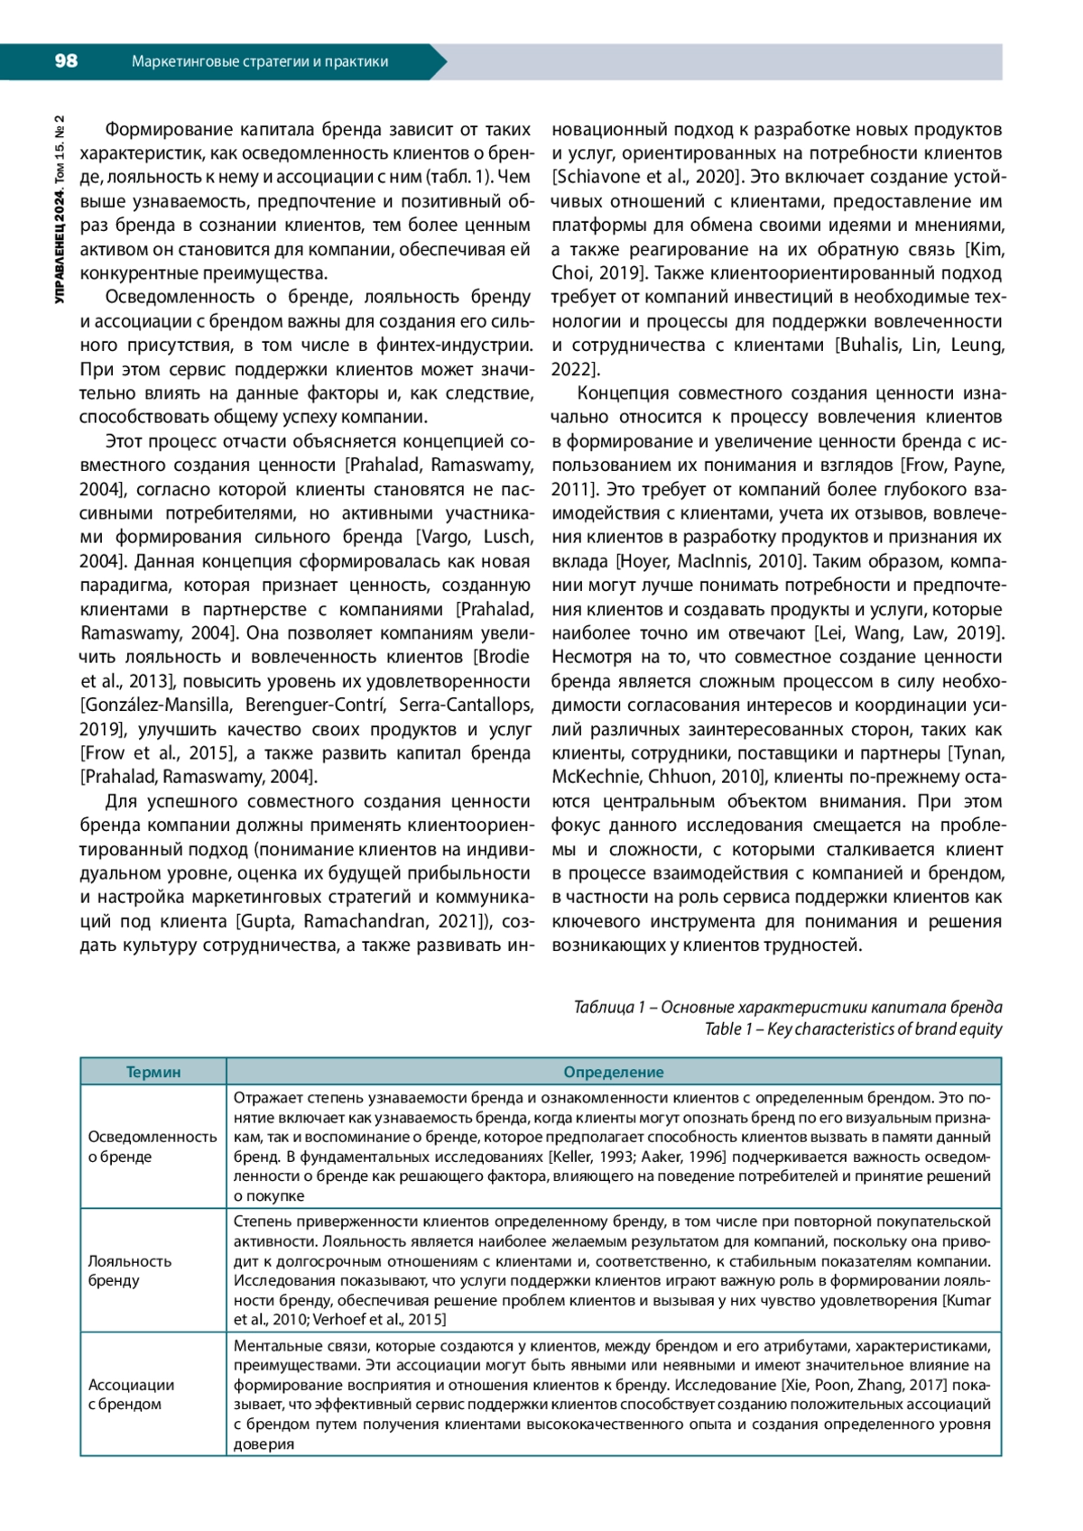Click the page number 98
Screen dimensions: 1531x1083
66,61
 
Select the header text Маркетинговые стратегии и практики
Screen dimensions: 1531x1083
260,61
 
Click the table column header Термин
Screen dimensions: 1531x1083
153,1072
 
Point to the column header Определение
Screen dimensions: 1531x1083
614,1072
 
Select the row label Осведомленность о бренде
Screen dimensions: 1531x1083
153,1147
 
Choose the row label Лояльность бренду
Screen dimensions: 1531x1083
129,1270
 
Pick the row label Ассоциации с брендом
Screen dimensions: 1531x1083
131,1394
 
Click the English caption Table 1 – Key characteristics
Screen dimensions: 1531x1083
853,1029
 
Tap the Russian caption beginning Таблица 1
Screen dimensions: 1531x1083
788,1007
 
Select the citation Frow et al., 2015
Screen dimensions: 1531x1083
158,752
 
